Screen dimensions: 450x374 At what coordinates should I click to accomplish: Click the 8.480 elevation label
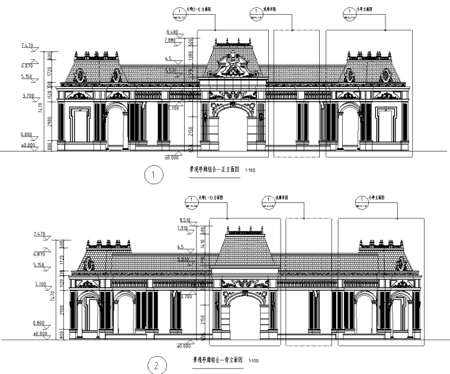172,31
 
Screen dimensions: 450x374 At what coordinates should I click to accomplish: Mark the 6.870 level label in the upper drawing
27,67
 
